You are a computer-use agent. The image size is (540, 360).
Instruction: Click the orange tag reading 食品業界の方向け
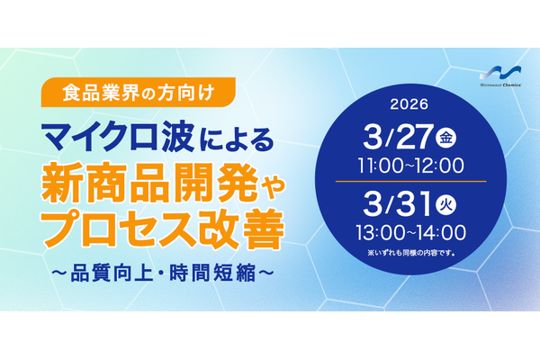click(x=138, y=91)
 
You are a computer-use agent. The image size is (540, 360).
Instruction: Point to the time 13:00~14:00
click(x=409, y=230)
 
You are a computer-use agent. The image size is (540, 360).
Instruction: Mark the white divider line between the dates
click(x=409, y=182)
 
